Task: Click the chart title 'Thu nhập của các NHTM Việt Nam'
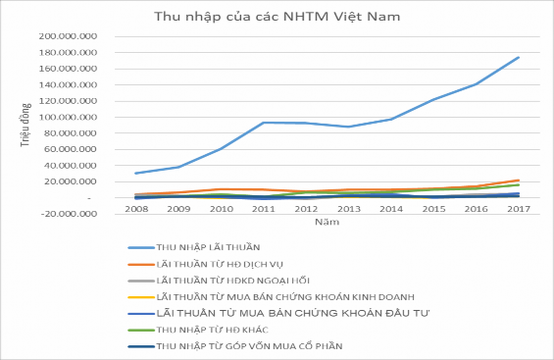coord(277,17)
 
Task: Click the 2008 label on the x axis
coord(136,209)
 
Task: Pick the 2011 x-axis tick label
coord(263,209)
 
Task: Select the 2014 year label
coord(390,209)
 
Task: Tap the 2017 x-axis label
coord(518,209)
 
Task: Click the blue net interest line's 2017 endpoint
coord(518,57)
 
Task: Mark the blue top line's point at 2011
coord(263,123)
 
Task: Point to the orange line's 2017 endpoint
coord(518,180)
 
